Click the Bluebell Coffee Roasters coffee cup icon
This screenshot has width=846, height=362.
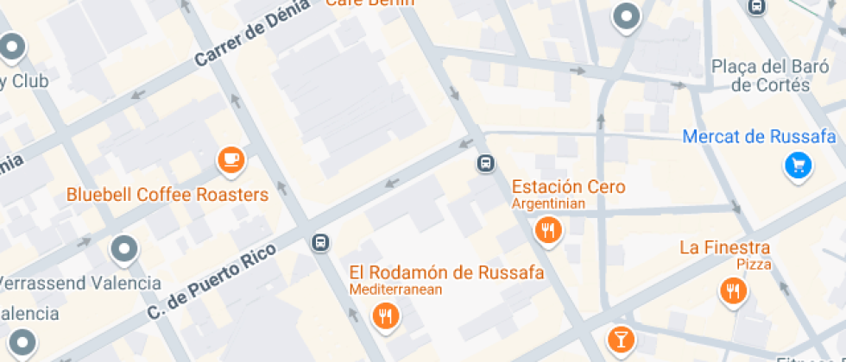(x=230, y=159)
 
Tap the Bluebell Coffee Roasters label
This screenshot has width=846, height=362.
(x=167, y=195)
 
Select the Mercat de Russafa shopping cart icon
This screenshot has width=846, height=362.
(x=799, y=165)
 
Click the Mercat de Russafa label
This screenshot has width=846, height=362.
(x=759, y=137)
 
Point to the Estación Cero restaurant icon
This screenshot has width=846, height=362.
(x=547, y=230)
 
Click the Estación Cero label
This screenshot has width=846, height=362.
(x=568, y=187)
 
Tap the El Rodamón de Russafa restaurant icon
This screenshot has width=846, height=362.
(x=386, y=316)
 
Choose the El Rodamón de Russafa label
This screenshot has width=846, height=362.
(x=446, y=273)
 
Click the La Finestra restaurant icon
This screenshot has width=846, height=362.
(x=733, y=291)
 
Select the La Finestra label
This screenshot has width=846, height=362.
(x=724, y=248)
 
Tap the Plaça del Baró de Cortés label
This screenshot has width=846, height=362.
(x=761, y=75)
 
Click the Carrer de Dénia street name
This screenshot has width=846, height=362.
(x=252, y=34)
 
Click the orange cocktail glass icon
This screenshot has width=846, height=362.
(x=620, y=339)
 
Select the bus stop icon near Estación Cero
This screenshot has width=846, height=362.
(x=486, y=163)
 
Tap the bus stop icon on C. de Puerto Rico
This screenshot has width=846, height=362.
(x=320, y=243)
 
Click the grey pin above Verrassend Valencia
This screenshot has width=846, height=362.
(x=125, y=250)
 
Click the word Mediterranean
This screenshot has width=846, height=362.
(x=395, y=290)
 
